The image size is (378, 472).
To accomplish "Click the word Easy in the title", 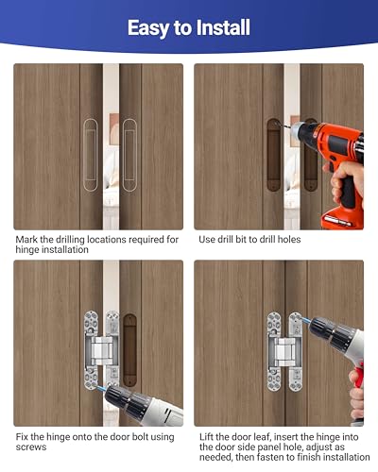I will (151, 27).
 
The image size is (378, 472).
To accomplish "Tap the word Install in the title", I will (220, 27).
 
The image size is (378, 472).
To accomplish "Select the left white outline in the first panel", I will (90, 149).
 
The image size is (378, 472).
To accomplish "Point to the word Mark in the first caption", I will (29, 240).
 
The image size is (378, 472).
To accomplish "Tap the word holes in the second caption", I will (288, 240).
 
